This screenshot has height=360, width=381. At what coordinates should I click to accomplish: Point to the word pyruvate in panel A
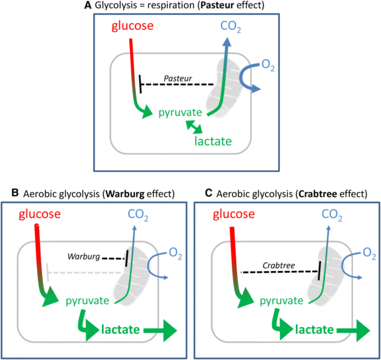point(179,113)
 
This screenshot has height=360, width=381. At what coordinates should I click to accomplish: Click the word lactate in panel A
point(214,141)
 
